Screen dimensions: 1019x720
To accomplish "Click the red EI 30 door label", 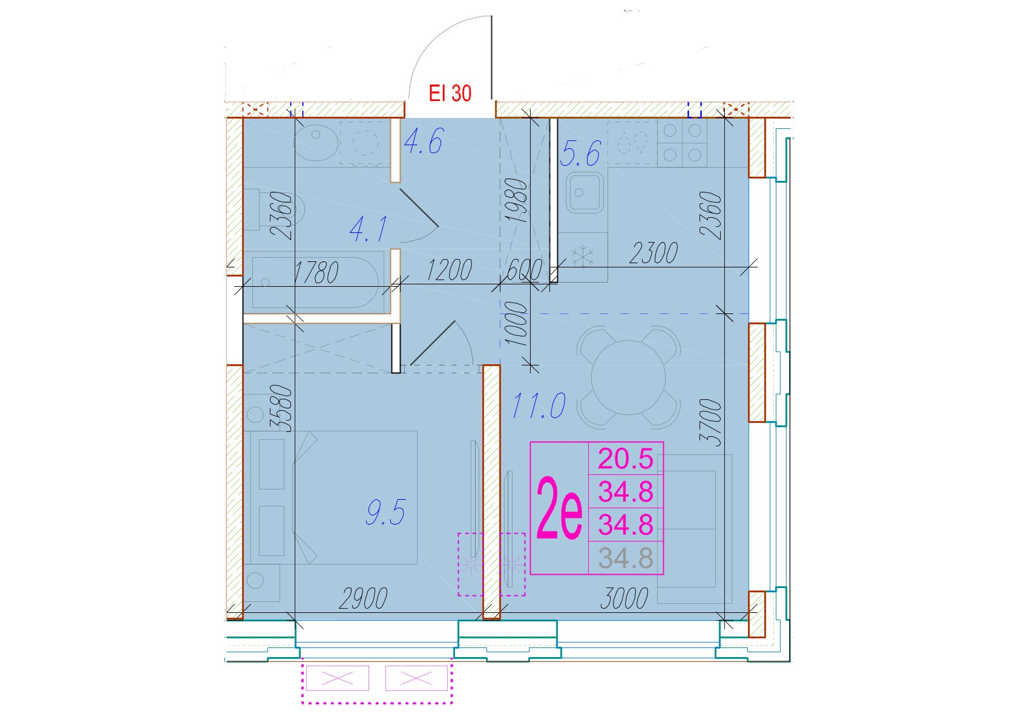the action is click(x=450, y=93).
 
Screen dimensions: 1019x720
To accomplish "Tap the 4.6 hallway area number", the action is click(x=424, y=141).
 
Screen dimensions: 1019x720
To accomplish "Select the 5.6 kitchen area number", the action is click(x=580, y=153).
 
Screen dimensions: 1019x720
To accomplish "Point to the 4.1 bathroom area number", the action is click(x=369, y=229).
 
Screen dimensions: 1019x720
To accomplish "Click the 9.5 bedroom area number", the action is click(x=386, y=512).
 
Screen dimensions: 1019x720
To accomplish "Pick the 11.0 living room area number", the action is click(x=539, y=406).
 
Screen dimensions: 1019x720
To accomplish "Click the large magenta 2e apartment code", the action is click(x=559, y=508).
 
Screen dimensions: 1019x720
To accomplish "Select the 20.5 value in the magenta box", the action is click(x=626, y=459).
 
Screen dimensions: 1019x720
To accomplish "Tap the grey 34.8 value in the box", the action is click(x=626, y=558).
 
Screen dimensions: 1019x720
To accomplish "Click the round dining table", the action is click(x=628, y=377).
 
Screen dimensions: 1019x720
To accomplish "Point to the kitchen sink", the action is click(x=586, y=193).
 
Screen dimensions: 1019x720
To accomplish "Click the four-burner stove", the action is click(x=683, y=143).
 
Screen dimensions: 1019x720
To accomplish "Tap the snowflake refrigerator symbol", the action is click(x=583, y=257).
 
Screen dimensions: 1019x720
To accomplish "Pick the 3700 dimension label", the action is click(x=711, y=422).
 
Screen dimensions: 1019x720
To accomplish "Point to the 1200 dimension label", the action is click(x=450, y=270).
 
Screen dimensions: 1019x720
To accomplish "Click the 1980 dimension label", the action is click(x=516, y=200).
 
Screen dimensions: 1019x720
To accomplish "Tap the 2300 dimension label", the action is click(x=654, y=254).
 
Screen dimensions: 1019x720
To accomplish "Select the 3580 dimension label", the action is click(x=281, y=408).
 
